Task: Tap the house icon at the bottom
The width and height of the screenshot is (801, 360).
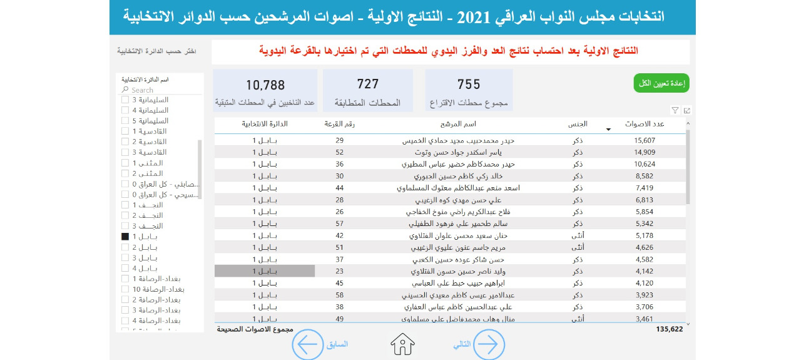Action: [x=403, y=344]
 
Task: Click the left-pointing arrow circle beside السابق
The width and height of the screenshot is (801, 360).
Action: [x=308, y=344]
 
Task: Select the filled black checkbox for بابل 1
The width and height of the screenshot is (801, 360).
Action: [x=125, y=237]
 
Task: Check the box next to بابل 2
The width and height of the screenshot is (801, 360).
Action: [x=125, y=247]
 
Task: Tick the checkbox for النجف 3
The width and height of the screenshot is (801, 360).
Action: [x=125, y=226]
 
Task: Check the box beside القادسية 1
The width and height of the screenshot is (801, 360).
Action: [x=125, y=131]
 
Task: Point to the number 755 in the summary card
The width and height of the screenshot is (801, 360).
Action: [x=469, y=85]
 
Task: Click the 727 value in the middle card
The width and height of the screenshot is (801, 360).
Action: [x=368, y=84]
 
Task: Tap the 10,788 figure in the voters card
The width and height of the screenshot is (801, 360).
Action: [x=265, y=85]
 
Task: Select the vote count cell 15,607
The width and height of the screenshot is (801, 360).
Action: [x=645, y=140]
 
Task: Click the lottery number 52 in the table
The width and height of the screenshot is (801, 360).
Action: [x=340, y=152]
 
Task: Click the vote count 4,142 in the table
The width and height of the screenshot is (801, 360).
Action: [x=645, y=271]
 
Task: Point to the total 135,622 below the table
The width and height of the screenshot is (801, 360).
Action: [x=670, y=329]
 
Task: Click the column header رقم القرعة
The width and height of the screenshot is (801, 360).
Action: [x=340, y=124]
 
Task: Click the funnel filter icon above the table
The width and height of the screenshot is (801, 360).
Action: [x=675, y=110]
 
